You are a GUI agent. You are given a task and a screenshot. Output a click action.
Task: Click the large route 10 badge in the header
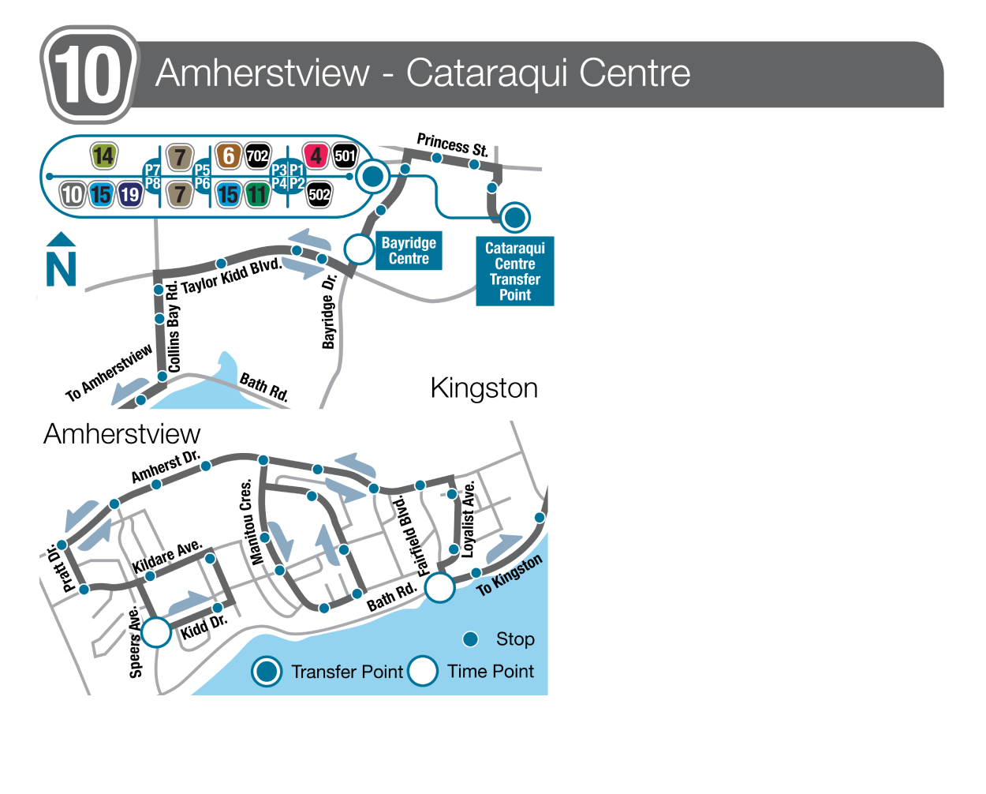88,75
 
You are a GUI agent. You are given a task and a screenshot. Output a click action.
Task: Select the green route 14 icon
104,156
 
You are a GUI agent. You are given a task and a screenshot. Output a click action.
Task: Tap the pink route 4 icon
316,156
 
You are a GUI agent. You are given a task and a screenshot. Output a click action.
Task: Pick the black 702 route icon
257,156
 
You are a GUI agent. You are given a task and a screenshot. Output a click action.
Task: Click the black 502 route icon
319,194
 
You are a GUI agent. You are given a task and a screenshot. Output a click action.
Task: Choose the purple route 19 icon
129,194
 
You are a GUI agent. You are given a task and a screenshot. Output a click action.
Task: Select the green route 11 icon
256,194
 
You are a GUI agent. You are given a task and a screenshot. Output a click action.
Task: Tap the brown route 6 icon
228,156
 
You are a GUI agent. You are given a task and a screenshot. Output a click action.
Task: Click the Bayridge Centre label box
409,251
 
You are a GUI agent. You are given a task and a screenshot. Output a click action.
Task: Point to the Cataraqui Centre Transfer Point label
515,272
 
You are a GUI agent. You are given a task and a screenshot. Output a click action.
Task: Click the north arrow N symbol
61,261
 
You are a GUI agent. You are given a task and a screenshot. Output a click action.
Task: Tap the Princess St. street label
453,144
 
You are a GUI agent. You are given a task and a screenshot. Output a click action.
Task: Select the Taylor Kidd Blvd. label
231,275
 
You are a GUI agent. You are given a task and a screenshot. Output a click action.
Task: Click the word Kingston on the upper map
484,388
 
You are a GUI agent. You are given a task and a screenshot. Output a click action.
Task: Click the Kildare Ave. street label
167,556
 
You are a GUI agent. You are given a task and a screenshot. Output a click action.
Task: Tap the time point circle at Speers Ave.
156,632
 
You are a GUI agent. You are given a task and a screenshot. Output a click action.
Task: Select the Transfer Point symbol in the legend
267,672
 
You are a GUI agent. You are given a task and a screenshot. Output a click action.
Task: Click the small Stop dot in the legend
471,639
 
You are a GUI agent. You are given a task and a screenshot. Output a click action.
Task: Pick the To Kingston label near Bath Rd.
510,575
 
